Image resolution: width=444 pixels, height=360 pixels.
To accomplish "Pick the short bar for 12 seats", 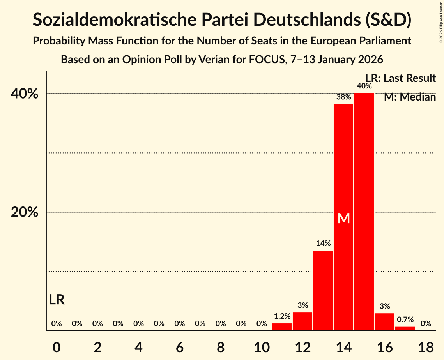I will (302, 321).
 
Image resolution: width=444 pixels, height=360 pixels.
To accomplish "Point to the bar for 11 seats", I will (282, 327).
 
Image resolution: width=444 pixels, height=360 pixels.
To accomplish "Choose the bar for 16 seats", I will (385, 322).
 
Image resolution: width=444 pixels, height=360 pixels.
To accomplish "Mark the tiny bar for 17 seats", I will (405, 328).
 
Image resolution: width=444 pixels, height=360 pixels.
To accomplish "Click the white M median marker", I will (344, 219).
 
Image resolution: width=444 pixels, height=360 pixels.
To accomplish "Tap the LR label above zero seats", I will (57, 300).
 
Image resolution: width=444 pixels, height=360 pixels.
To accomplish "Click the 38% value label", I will (343, 97).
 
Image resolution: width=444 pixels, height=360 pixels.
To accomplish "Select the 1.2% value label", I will (282, 316).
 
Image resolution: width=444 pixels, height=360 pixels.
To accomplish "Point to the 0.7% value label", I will (405, 319).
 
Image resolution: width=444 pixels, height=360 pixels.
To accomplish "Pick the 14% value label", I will (323, 244).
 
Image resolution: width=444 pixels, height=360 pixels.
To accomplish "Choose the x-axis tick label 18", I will (426, 347).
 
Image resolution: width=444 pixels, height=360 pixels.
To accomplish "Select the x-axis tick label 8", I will (221, 347).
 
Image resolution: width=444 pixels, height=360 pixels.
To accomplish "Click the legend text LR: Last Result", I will (400, 78).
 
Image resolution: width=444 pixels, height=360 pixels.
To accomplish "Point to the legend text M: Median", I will (410, 97).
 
